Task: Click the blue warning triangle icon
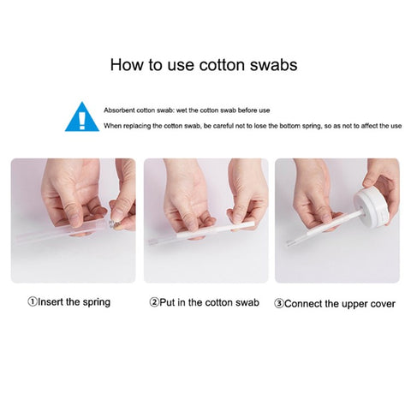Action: pyautogui.click(x=82, y=117)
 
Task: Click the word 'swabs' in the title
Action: pyautogui.click(x=274, y=65)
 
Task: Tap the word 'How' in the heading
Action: pyautogui.click(x=127, y=65)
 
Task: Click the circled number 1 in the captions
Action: pyautogui.click(x=33, y=301)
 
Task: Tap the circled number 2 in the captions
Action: pyautogui.click(x=154, y=302)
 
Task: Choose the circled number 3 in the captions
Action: pyautogui.click(x=278, y=304)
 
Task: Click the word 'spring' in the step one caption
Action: pyautogui.click(x=97, y=302)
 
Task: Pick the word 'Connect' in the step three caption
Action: pyautogui.click(x=303, y=304)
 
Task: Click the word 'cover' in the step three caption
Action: pyautogui.click(x=384, y=304)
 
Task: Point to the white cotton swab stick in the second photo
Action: pyautogui.click(x=216, y=230)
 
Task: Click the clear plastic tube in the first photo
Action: pyautogui.click(x=62, y=231)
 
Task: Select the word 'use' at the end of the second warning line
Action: pyautogui.click(x=396, y=126)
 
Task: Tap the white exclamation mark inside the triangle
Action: pyautogui.click(x=82, y=121)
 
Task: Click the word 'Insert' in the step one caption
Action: pyautogui.click(x=51, y=301)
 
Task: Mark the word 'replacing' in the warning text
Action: pyautogui.click(x=137, y=126)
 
